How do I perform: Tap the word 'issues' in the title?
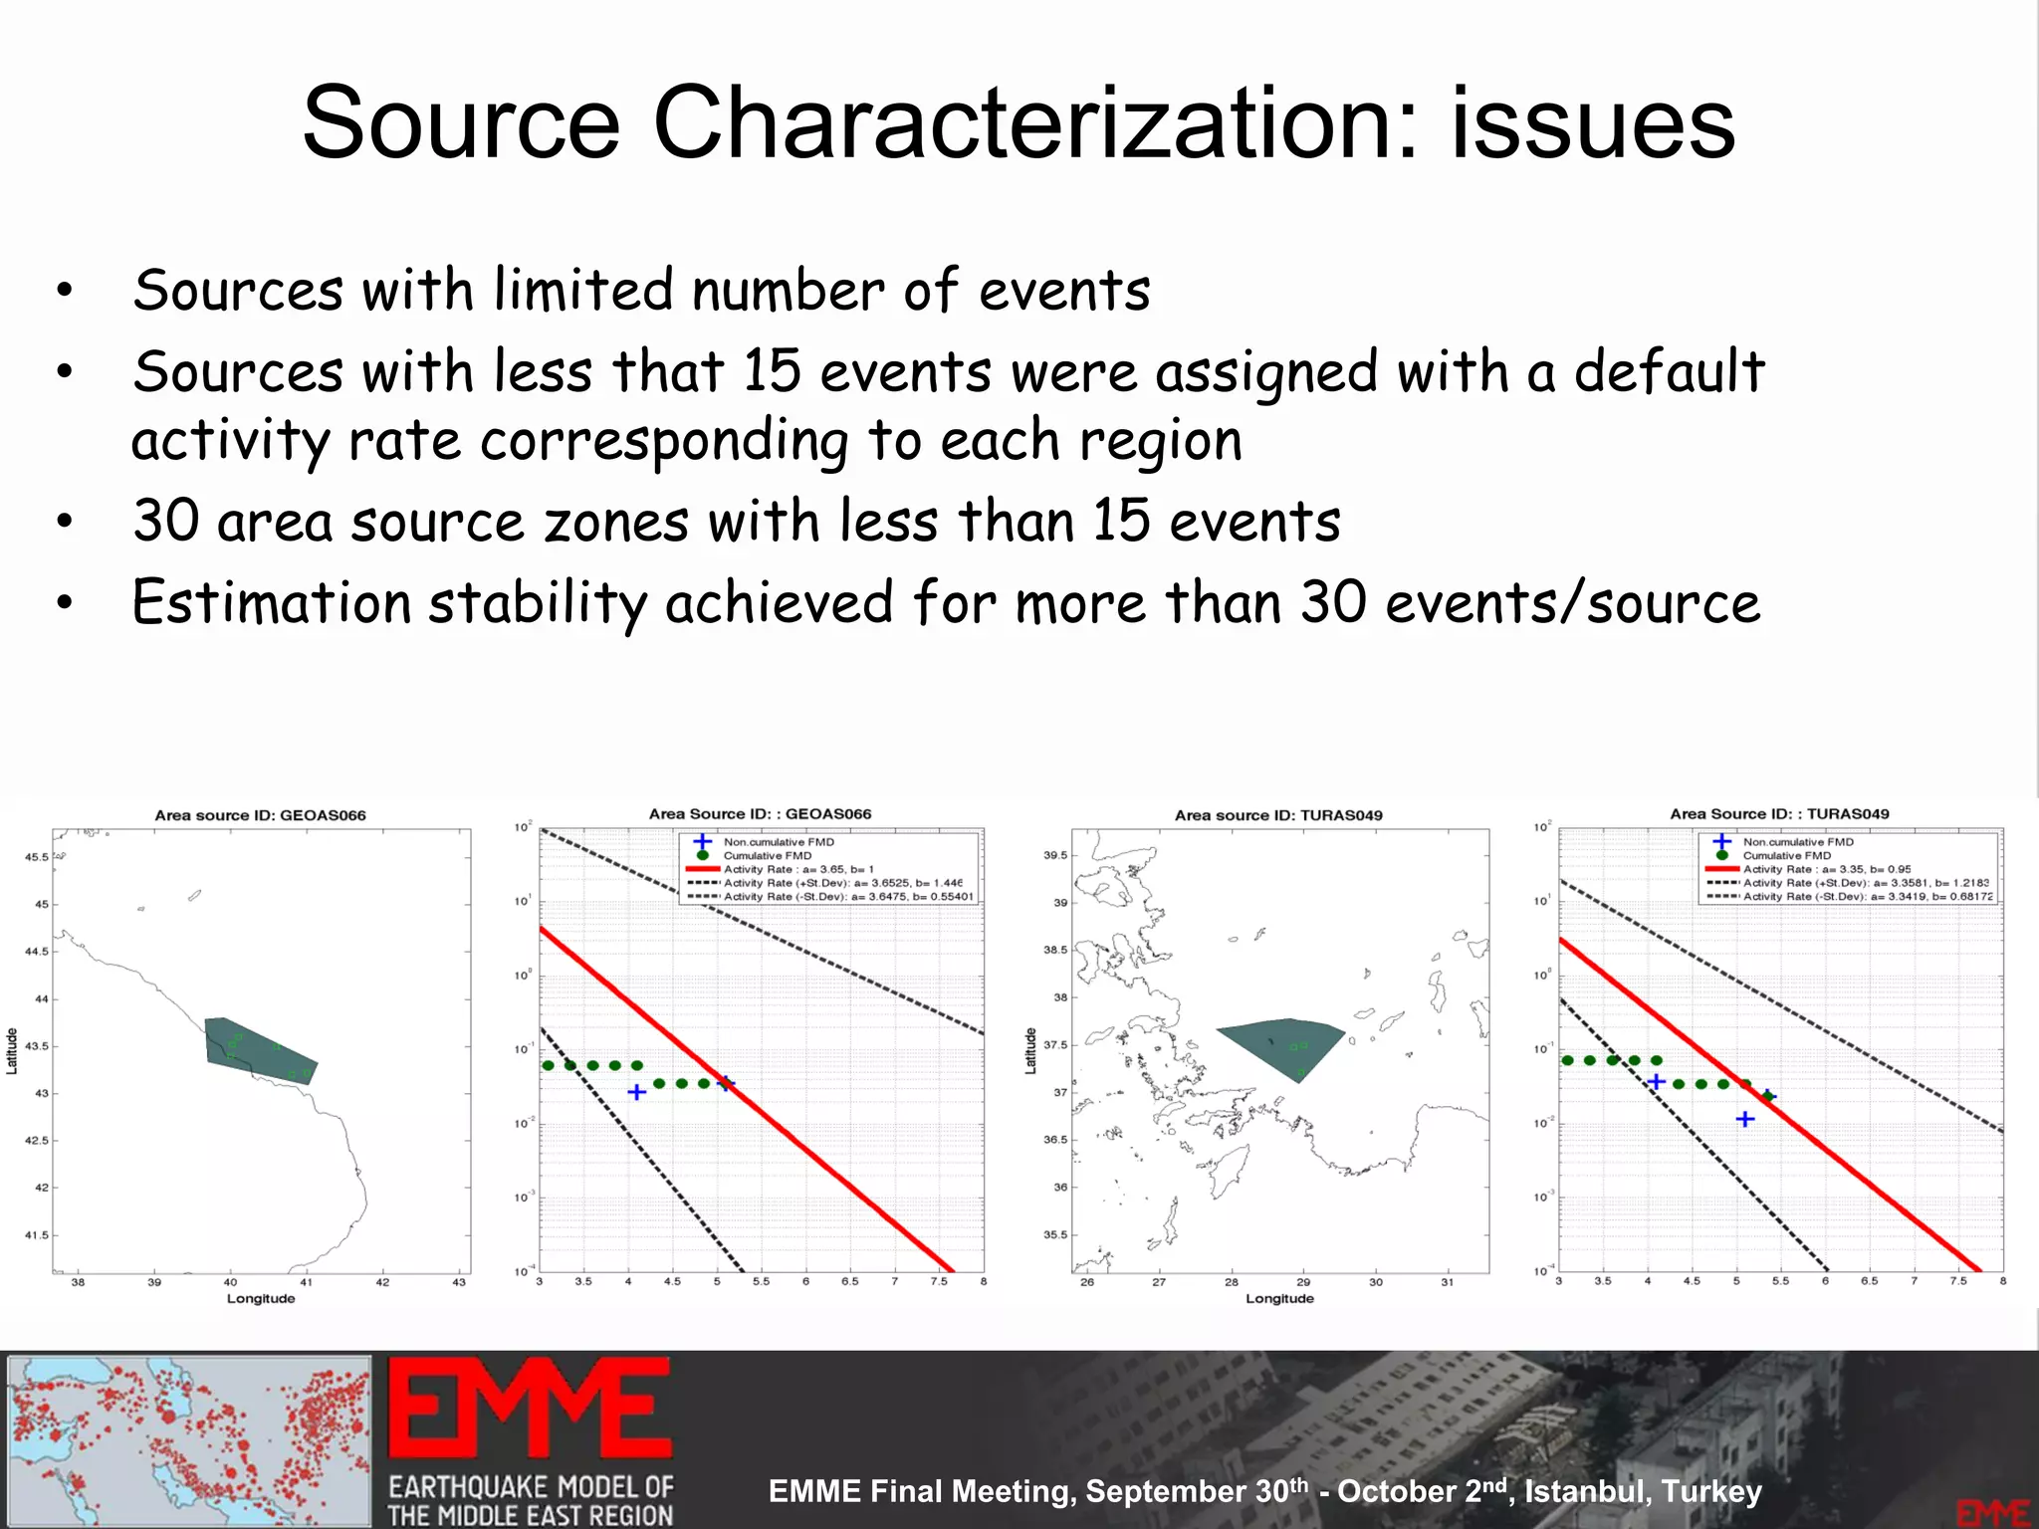click(x=1593, y=123)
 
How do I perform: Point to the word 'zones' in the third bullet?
click(x=616, y=522)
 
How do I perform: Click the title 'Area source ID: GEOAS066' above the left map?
click(x=260, y=815)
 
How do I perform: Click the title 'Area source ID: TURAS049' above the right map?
click(x=1278, y=815)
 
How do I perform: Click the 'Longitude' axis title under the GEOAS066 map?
click(x=261, y=1298)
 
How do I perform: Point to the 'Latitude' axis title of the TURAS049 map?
click(x=1030, y=1051)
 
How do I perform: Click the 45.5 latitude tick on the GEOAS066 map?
click(x=37, y=857)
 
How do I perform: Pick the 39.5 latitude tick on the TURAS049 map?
click(x=1055, y=855)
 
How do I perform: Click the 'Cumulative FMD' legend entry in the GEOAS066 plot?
click(x=767, y=855)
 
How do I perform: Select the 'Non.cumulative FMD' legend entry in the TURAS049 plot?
click(x=1798, y=842)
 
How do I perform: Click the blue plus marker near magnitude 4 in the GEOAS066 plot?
click(x=637, y=1092)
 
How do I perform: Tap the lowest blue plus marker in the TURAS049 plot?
click(x=1745, y=1120)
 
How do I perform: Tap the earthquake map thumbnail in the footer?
click(x=189, y=1440)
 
